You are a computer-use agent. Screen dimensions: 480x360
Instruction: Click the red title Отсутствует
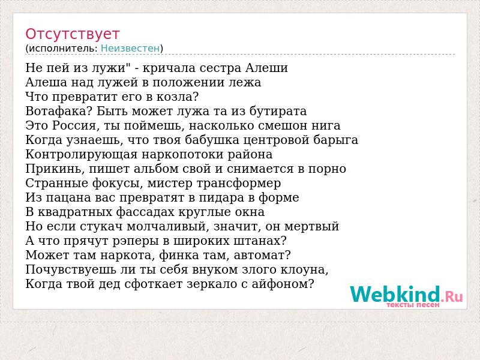[x=72, y=34]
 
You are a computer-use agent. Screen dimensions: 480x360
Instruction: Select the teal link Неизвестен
[x=130, y=48]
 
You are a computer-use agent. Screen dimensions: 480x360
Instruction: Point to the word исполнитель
[x=63, y=49]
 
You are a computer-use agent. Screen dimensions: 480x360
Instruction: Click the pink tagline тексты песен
[x=413, y=305]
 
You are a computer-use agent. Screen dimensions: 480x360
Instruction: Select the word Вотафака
[x=56, y=111]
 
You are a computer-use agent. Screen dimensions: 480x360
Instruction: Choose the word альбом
[x=154, y=169]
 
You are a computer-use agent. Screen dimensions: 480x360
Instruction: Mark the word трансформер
[x=238, y=183]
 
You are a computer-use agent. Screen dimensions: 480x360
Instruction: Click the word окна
[x=250, y=212]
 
